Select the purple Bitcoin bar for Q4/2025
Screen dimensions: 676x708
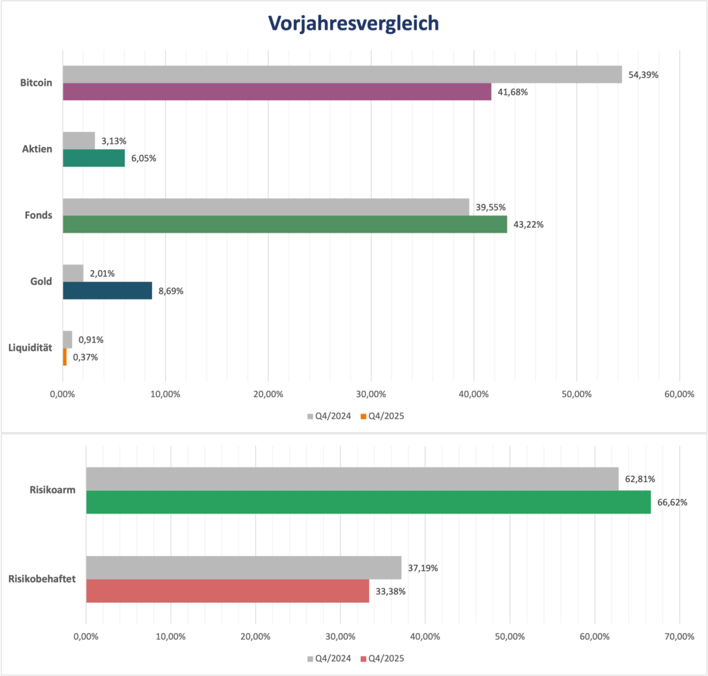click(x=277, y=92)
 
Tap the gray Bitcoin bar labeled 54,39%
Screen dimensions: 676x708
click(x=342, y=75)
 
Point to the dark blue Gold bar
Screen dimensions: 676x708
click(x=107, y=291)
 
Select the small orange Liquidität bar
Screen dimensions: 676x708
click(x=65, y=357)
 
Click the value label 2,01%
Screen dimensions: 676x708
click(x=102, y=273)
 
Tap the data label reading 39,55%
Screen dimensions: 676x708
click(x=490, y=207)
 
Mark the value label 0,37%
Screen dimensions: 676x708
click(x=85, y=357)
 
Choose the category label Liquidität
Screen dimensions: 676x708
click(x=30, y=348)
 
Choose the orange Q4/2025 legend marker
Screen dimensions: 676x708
click(x=363, y=416)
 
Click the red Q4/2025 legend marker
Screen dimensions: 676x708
click(x=363, y=659)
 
